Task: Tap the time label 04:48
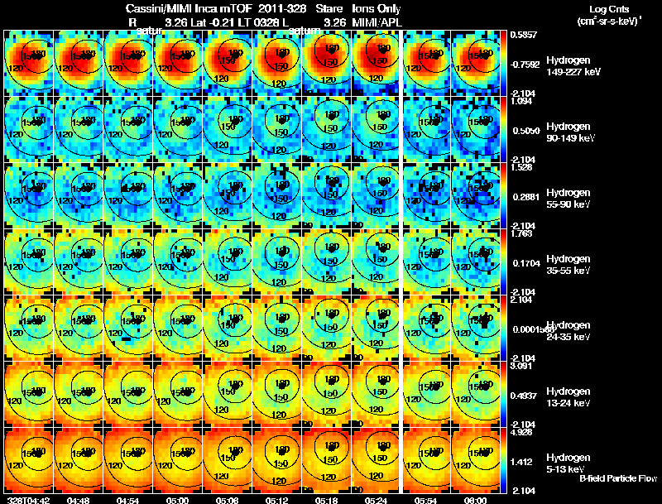pos(79,500)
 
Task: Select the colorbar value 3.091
pos(522,365)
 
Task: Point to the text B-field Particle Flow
pos(618,478)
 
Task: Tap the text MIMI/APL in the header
pos(377,22)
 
